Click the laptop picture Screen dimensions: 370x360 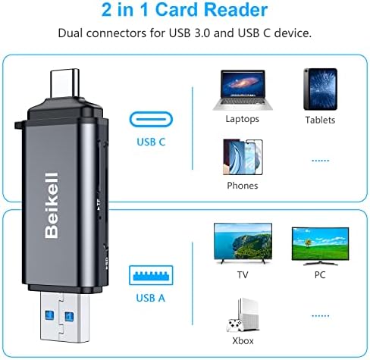click(x=243, y=90)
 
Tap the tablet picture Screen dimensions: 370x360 click(x=321, y=89)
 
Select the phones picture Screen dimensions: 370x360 click(x=243, y=157)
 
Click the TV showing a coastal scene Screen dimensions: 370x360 click(x=243, y=243)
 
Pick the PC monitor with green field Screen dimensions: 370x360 click(x=320, y=246)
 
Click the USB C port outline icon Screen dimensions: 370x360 click(x=151, y=120)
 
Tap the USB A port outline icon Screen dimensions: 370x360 click(x=151, y=275)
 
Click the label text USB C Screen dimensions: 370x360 click(x=151, y=142)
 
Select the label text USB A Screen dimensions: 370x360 click(x=151, y=298)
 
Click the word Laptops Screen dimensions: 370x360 click(x=243, y=119)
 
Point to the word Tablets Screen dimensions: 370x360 click(x=320, y=120)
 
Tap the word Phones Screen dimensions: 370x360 click(x=243, y=186)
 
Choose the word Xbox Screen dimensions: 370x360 click(x=243, y=341)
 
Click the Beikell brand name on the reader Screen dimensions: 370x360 click(x=52, y=205)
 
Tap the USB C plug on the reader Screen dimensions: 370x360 click(x=65, y=83)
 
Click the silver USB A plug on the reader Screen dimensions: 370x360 click(x=64, y=317)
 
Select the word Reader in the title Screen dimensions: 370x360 click(x=236, y=10)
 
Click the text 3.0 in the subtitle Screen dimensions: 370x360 click(x=202, y=33)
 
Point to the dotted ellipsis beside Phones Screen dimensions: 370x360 click(x=321, y=161)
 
